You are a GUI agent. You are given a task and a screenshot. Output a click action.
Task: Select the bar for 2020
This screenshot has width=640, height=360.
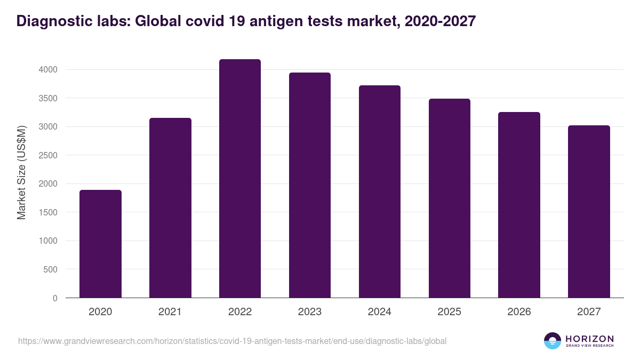click(x=100, y=244)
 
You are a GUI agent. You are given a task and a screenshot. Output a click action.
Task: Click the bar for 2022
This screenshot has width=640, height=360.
click(x=240, y=179)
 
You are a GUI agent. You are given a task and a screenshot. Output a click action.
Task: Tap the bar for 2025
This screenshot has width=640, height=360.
click(x=449, y=198)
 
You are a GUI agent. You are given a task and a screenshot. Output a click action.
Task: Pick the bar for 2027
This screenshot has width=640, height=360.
click(x=589, y=211)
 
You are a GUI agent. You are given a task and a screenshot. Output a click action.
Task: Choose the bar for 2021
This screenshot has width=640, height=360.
click(x=170, y=207)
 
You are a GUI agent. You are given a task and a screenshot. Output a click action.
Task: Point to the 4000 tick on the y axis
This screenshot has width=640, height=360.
click(x=47, y=70)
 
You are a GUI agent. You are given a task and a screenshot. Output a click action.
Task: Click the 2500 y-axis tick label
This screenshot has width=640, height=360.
click(x=47, y=155)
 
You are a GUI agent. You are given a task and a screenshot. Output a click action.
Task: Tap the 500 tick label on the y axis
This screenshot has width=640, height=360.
click(x=51, y=269)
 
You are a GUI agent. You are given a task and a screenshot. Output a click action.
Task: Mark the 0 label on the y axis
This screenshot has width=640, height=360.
click(x=54, y=298)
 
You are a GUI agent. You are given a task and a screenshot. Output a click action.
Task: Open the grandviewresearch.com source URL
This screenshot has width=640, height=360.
click(x=232, y=341)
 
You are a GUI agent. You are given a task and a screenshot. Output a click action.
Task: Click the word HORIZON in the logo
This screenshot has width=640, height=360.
click(x=589, y=338)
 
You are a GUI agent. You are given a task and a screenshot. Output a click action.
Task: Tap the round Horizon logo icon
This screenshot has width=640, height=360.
click(x=553, y=341)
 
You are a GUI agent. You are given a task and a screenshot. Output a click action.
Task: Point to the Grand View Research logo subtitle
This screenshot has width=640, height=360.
click(x=589, y=346)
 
